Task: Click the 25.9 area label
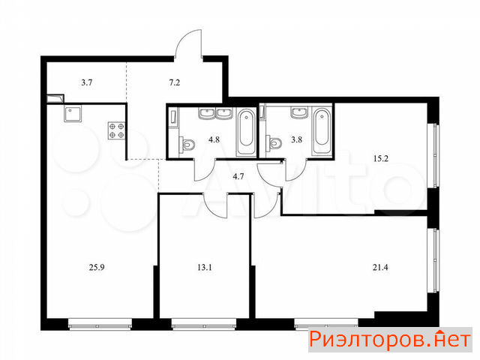97,268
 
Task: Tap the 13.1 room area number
205,268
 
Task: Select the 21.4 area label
380,268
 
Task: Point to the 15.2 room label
381,158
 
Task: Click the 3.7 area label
87,82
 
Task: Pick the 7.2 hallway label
175,82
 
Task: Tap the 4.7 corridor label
238,176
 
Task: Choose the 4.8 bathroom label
214,139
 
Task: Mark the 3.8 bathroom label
297,139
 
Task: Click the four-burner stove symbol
117,130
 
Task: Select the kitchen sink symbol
73,114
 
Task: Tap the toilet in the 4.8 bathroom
187,144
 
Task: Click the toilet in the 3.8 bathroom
274,143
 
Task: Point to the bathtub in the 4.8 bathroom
247,132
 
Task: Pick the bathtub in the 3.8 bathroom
322,132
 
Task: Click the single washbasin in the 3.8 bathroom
299,113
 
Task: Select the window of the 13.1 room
204,324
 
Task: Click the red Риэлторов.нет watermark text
390,340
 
